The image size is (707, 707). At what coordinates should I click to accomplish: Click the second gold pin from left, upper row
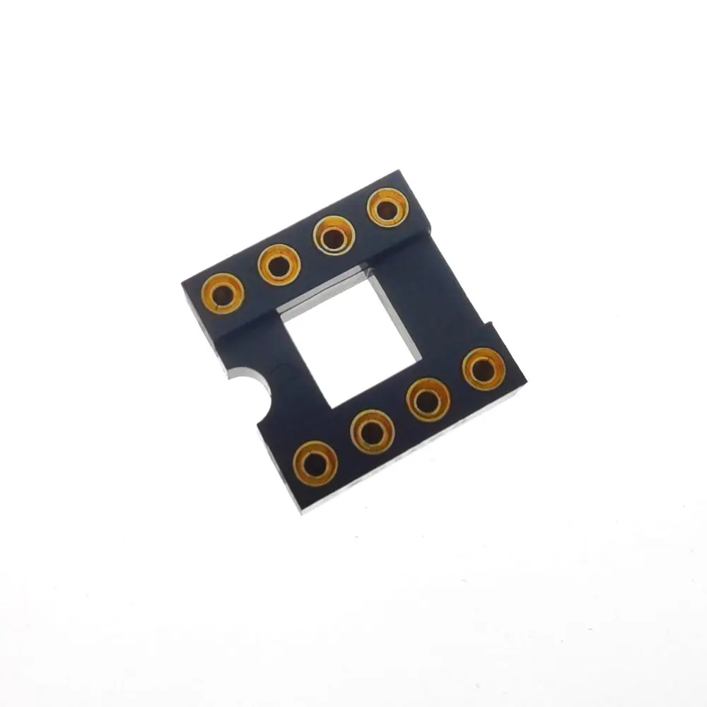pos(279,264)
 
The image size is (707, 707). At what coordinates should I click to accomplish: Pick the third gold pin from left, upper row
pos(333,235)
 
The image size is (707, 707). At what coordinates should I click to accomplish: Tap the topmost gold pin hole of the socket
pos(388,208)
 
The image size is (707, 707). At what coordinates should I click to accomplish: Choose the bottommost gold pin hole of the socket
pos(315,463)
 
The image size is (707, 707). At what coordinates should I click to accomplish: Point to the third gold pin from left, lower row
pos(428,399)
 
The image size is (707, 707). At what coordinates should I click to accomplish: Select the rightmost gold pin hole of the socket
pos(484,368)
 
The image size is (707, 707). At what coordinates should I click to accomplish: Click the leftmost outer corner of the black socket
pos(182,283)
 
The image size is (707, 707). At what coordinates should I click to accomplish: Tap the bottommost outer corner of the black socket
pos(302,510)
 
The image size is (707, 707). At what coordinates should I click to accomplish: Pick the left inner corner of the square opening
pos(281,316)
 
